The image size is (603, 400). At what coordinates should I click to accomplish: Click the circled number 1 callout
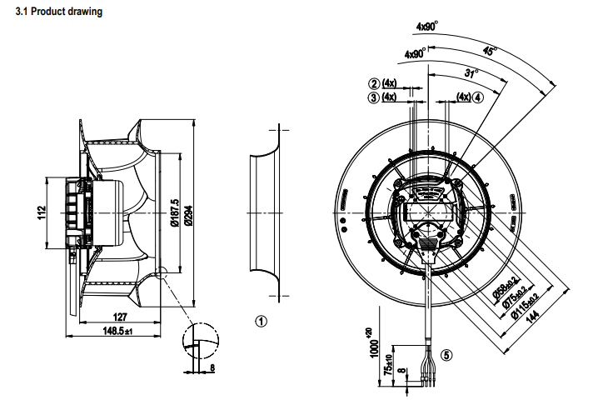[x=261, y=320]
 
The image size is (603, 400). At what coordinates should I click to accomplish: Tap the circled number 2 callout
[x=375, y=83]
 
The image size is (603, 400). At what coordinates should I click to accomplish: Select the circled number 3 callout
[x=375, y=97]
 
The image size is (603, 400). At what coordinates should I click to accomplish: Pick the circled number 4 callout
[x=478, y=97]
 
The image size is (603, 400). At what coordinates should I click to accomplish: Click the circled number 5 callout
[x=447, y=354]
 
